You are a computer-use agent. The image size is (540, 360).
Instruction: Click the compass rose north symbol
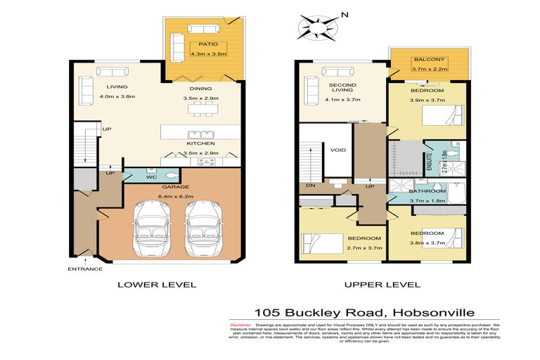314,27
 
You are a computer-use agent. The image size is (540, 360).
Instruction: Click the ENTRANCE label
84,269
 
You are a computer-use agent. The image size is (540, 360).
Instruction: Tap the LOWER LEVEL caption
156,285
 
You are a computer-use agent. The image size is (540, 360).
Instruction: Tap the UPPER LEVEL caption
382,285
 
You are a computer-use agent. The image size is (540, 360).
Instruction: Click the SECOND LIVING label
343,89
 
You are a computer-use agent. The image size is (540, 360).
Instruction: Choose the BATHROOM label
427,191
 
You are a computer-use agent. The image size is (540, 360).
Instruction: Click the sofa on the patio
203,29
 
